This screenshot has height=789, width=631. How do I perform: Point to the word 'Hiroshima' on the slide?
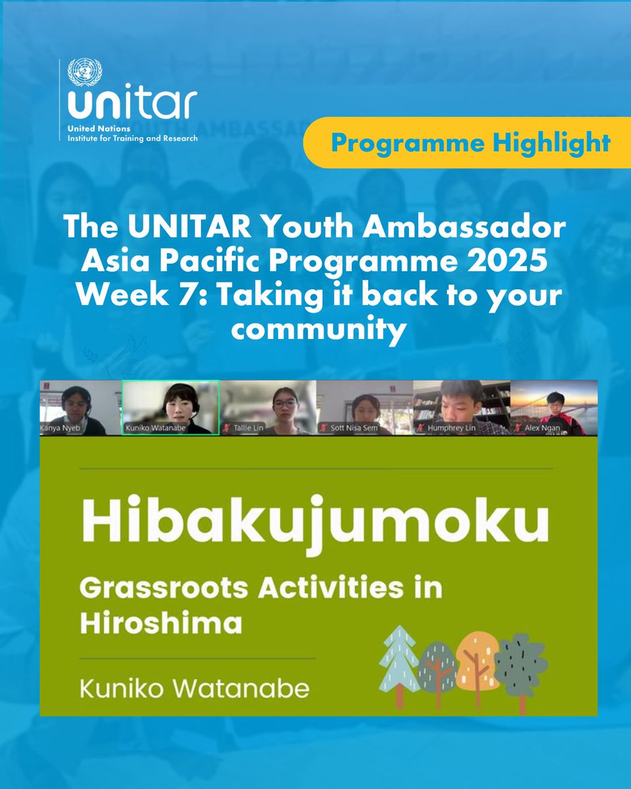pos(161,623)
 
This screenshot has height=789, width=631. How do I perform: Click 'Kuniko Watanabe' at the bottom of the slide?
pos(195,690)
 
